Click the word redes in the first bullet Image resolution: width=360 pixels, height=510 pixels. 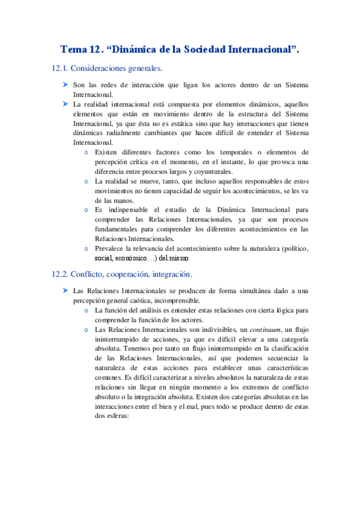point(109,85)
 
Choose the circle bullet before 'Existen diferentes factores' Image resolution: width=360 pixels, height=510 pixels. point(88,153)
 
